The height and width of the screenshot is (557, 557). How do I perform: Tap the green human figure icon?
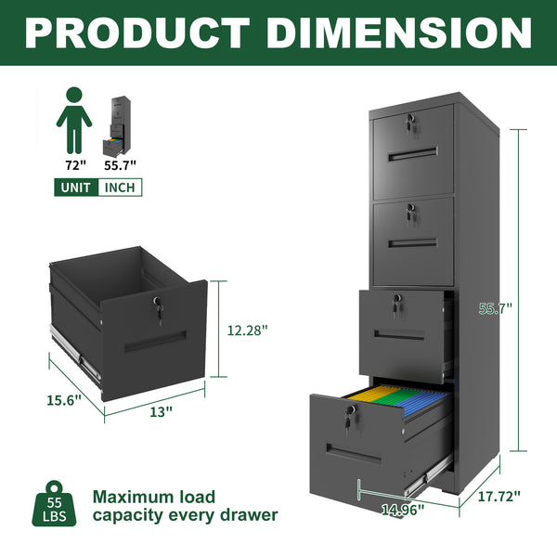pos(73,120)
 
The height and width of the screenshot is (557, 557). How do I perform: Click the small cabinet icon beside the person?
pos(120,124)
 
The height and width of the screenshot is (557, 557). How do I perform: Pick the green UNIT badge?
pos(76,187)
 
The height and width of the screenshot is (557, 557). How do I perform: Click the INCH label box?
pos(120,187)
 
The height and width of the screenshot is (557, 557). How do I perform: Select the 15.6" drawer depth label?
pos(64,399)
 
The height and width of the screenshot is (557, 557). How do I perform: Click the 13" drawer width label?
pos(162,411)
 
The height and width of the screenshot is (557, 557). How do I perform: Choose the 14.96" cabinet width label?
pos(403,508)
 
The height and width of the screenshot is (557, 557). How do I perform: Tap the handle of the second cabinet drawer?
pos(412,243)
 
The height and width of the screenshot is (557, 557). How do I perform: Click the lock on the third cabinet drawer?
pos(395,303)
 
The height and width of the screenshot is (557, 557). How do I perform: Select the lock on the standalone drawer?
pos(159,304)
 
